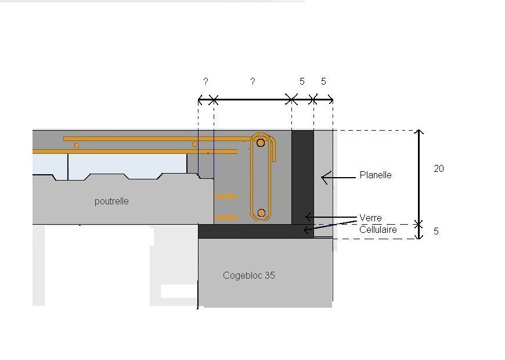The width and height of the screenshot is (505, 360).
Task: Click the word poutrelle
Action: (x=111, y=201)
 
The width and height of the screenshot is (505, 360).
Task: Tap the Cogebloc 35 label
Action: (x=248, y=275)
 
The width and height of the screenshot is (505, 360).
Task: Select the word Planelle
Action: (x=376, y=175)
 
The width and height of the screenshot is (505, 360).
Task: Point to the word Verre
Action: (x=370, y=218)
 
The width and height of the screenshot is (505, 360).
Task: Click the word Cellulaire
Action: (x=378, y=229)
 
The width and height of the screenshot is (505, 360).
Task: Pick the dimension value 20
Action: (x=439, y=168)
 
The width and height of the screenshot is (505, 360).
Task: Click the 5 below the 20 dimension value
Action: (x=436, y=231)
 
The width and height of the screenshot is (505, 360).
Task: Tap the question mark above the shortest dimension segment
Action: (x=205, y=81)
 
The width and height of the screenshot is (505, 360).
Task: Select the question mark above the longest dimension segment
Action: (x=252, y=81)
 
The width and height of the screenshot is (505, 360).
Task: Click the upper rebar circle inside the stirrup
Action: (x=261, y=142)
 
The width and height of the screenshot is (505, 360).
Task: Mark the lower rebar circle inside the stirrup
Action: (x=261, y=213)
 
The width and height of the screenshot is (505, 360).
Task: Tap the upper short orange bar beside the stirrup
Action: (x=226, y=196)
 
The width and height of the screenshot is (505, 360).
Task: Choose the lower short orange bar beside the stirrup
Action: (x=226, y=218)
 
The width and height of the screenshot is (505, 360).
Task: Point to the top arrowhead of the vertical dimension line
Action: (x=420, y=132)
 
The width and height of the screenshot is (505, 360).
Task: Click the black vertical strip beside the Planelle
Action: (x=302, y=174)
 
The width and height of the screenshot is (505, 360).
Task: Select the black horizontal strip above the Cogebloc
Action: (x=250, y=231)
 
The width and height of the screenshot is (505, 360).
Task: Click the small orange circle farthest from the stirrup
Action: (x=77, y=145)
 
